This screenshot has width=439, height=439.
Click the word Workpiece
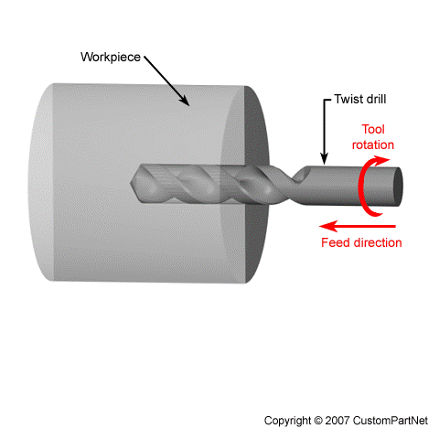[111, 58]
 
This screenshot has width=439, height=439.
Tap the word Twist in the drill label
[348, 99]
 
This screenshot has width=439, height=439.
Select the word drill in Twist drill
[375, 99]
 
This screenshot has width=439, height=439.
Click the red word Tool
[373, 129]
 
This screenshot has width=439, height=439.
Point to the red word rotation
[373, 145]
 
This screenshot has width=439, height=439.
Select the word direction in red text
[378, 242]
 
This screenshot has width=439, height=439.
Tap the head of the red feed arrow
[325, 226]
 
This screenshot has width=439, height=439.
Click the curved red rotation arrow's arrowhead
[382, 160]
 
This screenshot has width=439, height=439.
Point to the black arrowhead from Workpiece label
[185, 101]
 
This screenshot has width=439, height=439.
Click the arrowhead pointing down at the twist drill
[325, 160]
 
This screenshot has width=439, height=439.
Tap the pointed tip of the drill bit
[131, 183]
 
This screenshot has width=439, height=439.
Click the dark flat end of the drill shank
[398, 187]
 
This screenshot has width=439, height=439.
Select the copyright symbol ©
[318, 421]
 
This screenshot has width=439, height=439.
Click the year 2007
[337, 421]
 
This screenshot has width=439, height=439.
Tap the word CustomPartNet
[391, 421]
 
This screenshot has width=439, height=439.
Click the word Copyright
[287, 421]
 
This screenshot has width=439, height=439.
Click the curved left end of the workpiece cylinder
[39, 182]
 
